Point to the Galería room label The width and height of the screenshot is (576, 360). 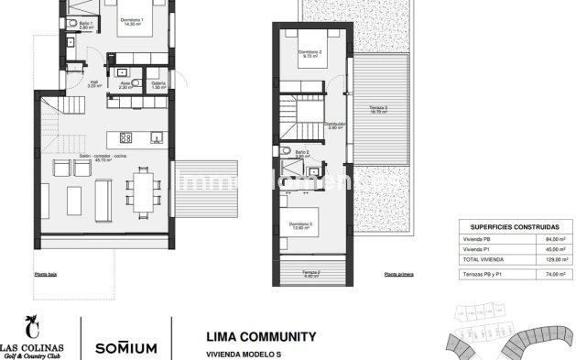tap(158, 82)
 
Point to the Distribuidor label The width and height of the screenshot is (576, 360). tap(335, 125)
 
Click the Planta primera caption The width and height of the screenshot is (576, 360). tap(399, 274)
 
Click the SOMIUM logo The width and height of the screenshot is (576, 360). tap(126, 347)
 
